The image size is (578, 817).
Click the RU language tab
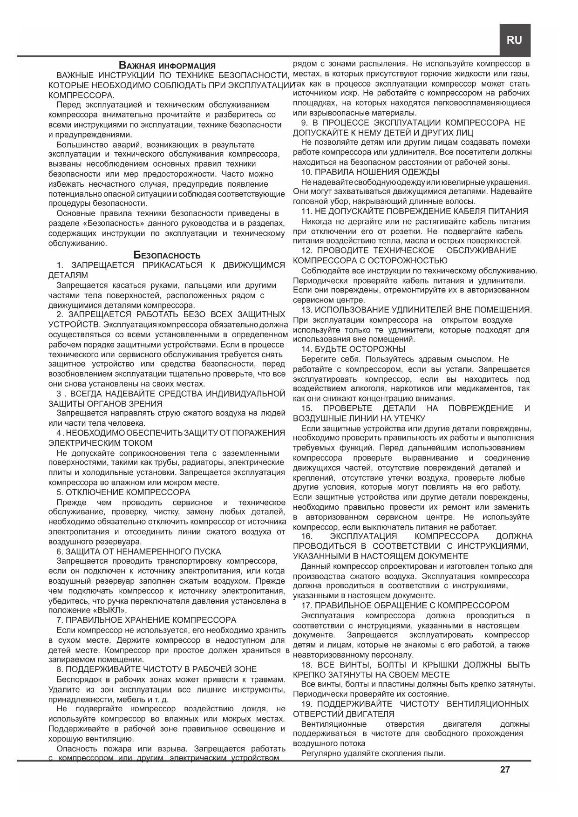514,41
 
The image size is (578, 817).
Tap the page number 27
505,769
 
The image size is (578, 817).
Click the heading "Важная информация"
167,66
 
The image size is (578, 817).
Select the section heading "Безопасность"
167,255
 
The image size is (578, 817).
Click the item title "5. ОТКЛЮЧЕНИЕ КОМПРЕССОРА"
123,492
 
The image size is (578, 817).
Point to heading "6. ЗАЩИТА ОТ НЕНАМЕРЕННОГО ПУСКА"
139,551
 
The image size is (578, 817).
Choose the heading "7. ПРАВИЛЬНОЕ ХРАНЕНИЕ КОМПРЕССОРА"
146,620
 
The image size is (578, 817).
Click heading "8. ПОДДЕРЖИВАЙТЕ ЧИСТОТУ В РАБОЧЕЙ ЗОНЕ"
156,669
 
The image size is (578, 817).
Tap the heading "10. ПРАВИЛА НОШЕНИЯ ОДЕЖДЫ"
370,172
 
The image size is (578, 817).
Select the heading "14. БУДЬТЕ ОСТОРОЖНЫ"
353,349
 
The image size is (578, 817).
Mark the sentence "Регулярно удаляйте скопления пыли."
373,753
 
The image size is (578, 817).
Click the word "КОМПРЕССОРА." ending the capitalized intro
82,95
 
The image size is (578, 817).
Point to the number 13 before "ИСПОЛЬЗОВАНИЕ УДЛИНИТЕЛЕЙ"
306,310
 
